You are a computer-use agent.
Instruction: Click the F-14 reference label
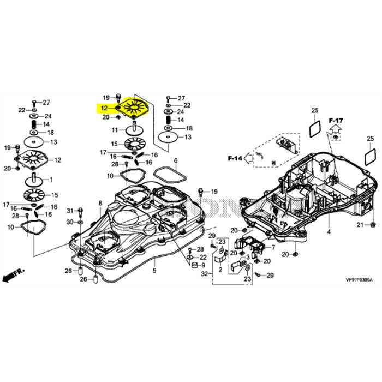tap(234, 158)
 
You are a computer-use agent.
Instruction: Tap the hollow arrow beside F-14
tap(248, 158)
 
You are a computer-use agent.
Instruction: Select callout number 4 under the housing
tap(329, 232)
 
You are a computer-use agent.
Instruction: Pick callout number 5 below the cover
tap(154, 271)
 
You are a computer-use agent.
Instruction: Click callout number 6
tap(176, 161)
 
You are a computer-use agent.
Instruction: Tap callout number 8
tap(100, 203)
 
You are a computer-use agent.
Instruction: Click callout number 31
tap(70, 211)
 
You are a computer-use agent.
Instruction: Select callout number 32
tap(204, 273)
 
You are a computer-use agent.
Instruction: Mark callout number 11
tap(115, 130)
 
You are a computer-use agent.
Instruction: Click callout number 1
tap(51, 180)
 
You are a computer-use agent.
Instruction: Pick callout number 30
tap(70, 222)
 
